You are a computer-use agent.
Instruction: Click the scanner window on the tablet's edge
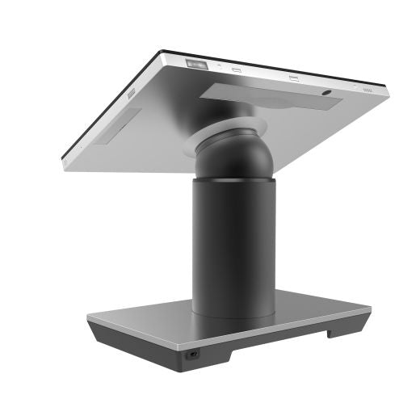point(197,63)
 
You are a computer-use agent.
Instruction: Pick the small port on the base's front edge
point(195,353)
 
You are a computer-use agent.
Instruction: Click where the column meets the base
point(233,311)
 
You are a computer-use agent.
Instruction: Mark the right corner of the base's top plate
point(369,309)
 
